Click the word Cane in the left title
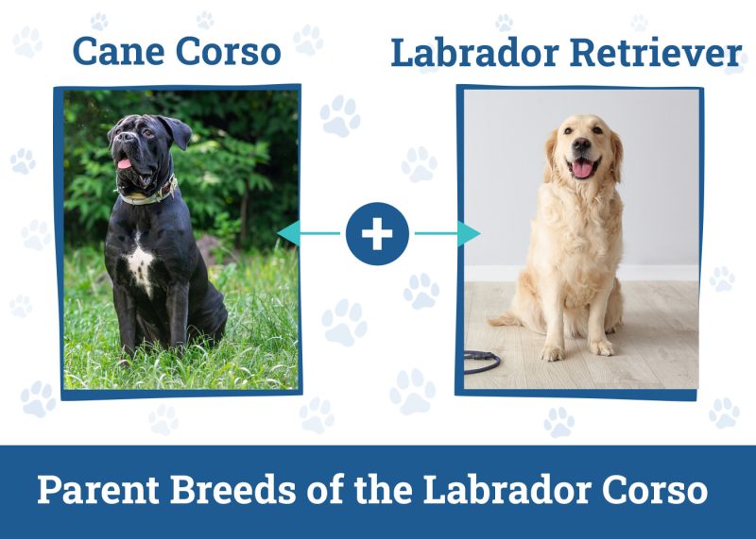[116, 51]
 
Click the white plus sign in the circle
[377, 233]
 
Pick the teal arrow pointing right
[449, 233]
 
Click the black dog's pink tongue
[124, 165]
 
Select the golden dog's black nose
[580, 145]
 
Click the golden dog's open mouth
[582, 167]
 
